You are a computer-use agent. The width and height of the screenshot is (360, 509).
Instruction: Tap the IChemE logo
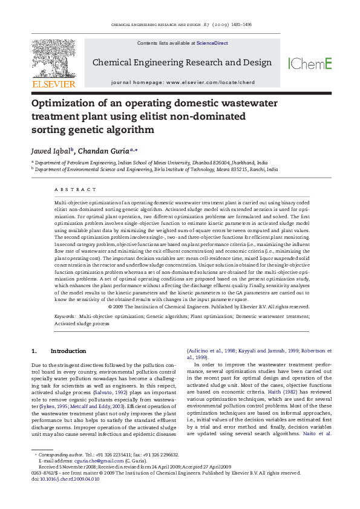[310, 63]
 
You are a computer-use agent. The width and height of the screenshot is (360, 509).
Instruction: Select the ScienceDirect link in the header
[209, 44]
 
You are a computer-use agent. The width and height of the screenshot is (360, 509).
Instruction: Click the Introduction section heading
[68, 351]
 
